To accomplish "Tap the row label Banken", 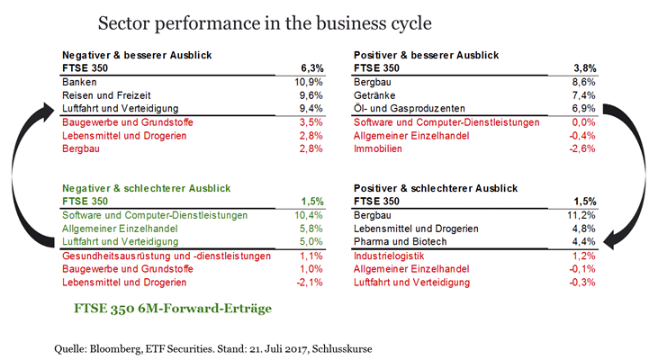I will coord(77,81).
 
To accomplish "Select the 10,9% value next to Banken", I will coord(307,81).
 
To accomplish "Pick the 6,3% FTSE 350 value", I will coord(310,67).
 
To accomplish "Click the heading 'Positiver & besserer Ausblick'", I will coord(428,55).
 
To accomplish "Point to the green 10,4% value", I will coord(307,216).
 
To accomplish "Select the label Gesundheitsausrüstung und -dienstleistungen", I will coord(166,256).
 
